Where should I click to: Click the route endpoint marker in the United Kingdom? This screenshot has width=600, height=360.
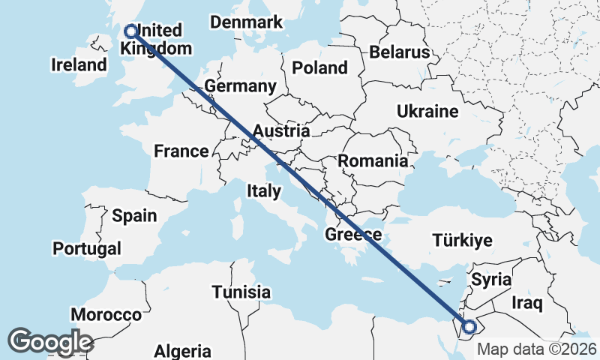point(131,31)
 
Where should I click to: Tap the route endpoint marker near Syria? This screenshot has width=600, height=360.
point(469,326)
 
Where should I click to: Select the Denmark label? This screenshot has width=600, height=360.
point(246,22)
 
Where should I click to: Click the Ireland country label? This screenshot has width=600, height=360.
point(79,64)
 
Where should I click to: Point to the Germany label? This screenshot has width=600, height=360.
point(240,86)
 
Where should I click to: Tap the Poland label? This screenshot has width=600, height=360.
point(320,67)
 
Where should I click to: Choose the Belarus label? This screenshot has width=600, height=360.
point(399,52)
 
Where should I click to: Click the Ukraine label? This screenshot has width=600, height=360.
point(427,112)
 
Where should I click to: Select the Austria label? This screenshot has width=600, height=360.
point(280,131)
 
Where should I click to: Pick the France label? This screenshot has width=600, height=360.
point(181,151)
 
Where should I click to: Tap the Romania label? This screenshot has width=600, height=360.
point(373,160)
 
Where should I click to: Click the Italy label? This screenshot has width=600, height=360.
point(263,191)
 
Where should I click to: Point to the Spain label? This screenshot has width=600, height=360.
point(134,216)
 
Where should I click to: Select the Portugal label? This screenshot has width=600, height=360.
point(87,247)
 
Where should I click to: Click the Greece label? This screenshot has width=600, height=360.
point(353,235)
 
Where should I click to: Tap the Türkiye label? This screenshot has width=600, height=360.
point(462,240)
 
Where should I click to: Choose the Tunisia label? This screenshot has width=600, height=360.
point(241,292)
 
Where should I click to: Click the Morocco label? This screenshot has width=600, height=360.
point(106,314)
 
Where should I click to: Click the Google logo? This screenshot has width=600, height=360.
point(51,341)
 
